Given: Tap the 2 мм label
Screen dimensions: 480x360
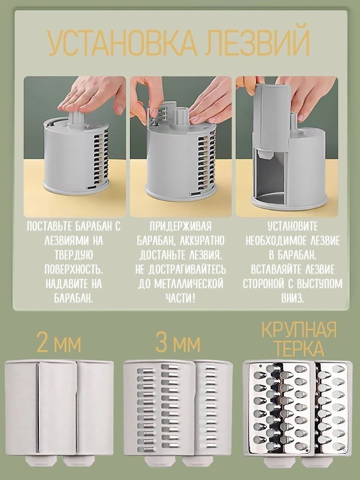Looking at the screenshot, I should click(x=59, y=344).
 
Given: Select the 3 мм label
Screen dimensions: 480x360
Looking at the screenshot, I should click(x=178, y=344).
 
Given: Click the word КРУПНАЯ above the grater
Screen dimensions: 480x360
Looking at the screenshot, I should click(x=299, y=331).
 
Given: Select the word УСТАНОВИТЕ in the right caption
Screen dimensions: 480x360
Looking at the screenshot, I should click(x=293, y=227).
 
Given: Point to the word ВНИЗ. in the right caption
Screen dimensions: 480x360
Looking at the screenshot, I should click(x=293, y=298).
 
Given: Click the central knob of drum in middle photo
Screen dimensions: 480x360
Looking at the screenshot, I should click(x=181, y=116).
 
